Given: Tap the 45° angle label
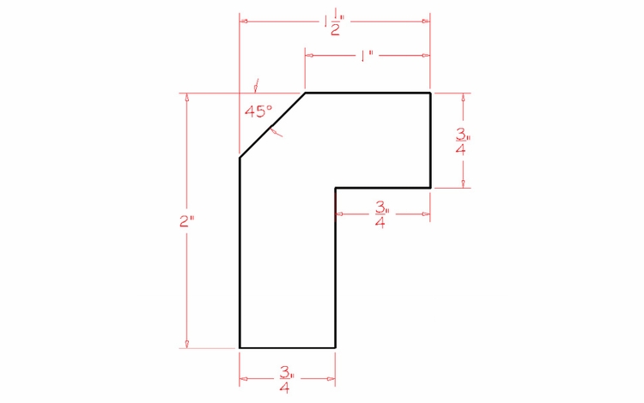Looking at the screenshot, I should coord(258,111).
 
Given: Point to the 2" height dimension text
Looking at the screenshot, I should coord(186,220).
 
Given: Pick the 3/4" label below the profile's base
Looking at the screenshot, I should coord(286,379).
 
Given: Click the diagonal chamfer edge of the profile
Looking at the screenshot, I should coord(272,124).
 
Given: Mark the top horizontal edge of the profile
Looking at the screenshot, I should coord(368,92).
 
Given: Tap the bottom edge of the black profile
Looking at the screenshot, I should coord(287,348).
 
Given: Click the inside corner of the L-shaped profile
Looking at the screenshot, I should coord(335,187).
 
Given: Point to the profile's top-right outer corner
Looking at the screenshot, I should coord(429,92).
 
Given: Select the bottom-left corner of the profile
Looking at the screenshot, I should coord(240,348).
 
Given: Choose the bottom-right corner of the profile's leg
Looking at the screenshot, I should coord(335,348).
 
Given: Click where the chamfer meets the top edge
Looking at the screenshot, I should coord(306,92).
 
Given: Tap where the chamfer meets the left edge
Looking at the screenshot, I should coord(240,158).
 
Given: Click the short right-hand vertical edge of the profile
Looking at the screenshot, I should coord(429,139).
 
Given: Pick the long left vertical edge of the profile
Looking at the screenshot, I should coord(240,253).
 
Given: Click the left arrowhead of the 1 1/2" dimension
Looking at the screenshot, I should coord(244,21).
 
